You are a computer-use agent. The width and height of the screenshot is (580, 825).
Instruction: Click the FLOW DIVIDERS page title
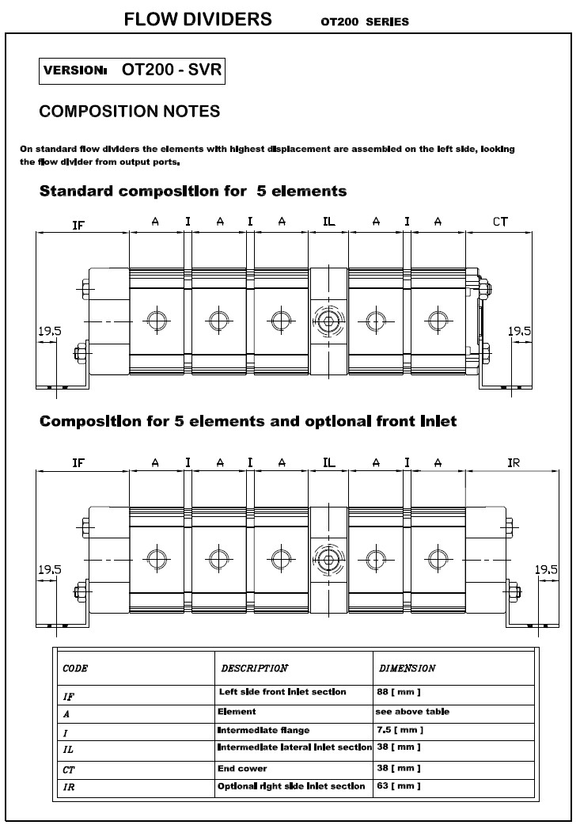(198, 20)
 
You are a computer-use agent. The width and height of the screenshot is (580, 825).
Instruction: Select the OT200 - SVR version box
(133, 70)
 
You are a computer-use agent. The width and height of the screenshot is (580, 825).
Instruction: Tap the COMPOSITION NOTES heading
(130, 112)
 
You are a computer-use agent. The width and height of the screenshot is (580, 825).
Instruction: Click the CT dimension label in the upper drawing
(500, 222)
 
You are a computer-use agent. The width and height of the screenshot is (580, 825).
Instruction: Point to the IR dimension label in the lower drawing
(514, 463)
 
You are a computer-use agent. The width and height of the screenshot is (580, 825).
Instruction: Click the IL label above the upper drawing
(328, 222)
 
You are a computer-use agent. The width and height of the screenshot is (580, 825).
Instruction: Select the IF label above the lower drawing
(78, 463)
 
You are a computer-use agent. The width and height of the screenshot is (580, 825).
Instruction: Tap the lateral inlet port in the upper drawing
(328, 321)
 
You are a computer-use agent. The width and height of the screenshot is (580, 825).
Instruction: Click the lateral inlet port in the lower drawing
(328, 558)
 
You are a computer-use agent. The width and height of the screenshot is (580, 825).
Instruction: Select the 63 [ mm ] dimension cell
(398, 786)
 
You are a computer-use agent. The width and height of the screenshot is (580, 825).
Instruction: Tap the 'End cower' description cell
(241, 768)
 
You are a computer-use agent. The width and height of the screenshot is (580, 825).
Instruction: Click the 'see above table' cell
(412, 712)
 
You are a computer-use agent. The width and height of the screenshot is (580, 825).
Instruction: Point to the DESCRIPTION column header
(254, 668)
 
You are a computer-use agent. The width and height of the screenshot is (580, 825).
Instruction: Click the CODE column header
(75, 668)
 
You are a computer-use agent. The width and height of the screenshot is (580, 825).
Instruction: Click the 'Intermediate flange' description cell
(263, 730)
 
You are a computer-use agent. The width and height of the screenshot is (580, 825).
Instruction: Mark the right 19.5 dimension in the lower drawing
(546, 569)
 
